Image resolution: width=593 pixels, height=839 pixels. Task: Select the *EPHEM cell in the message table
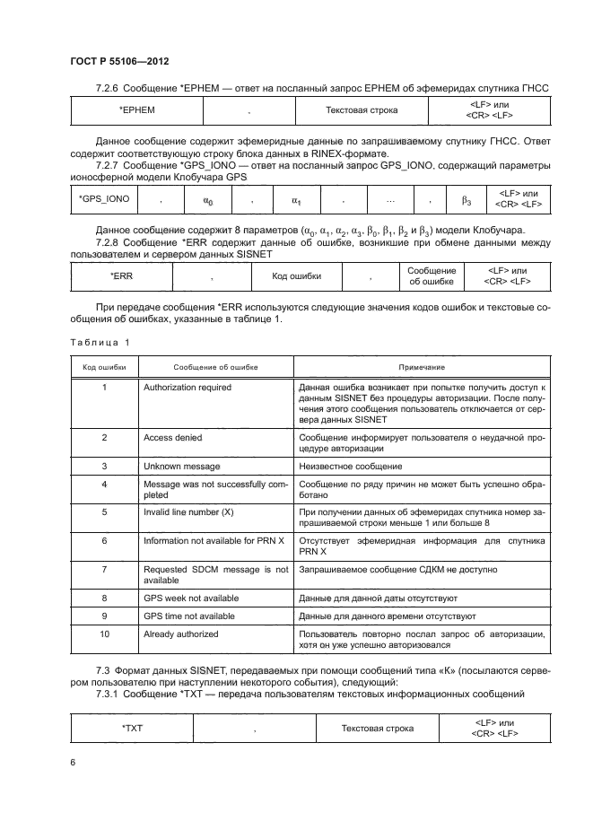(134, 110)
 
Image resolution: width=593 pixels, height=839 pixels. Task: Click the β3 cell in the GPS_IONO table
(465, 202)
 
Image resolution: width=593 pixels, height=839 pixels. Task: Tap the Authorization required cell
(187, 388)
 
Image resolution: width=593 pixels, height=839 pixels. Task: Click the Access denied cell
(172, 438)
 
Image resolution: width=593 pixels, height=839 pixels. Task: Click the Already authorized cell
(180, 634)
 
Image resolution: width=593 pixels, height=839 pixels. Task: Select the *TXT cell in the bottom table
(134, 728)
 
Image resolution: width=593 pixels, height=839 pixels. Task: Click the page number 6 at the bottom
(72, 762)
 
